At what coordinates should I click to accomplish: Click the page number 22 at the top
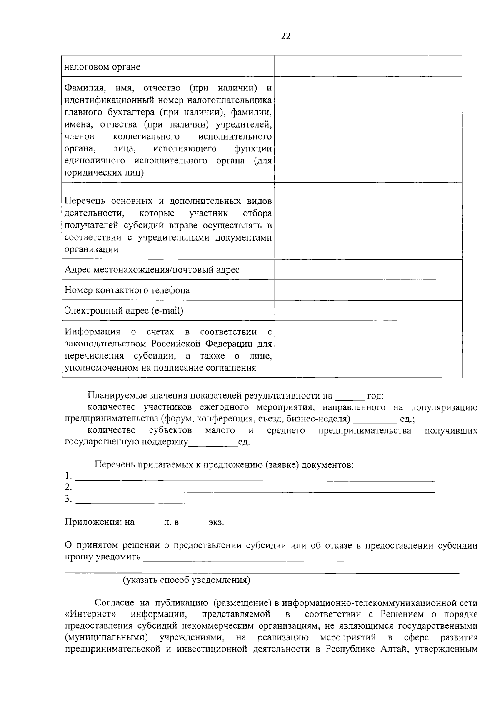click(x=285, y=36)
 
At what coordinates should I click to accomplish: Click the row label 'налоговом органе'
click(x=102, y=67)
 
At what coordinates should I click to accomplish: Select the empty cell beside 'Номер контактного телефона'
click(x=368, y=290)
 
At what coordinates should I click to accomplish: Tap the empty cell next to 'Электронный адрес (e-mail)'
click(x=368, y=311)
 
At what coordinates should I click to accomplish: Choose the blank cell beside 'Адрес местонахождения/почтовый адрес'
click(x=368, y=270)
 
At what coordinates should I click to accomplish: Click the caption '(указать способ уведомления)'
click(x=186, y=580)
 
